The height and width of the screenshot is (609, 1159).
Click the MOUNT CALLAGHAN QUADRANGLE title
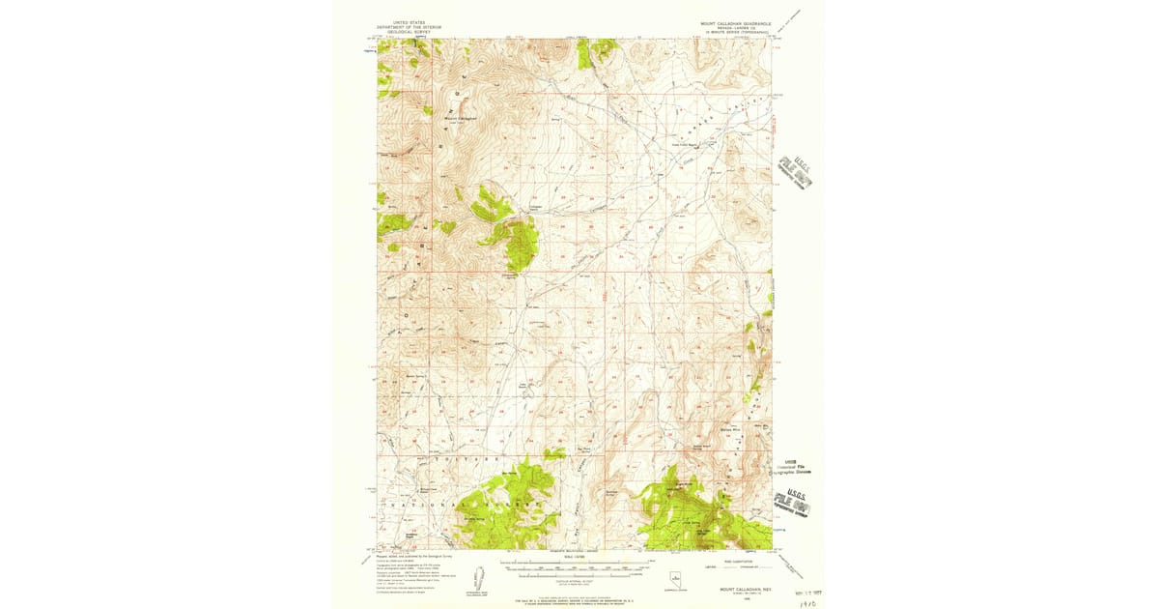pyautogui.click(x=735, y=21)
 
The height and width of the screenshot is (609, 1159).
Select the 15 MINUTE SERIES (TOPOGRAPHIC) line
pyautogui.click(x=735, y=32)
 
